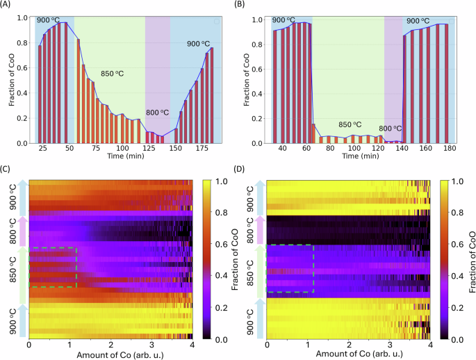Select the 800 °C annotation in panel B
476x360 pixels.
pyautogui.click(x=390, y=129)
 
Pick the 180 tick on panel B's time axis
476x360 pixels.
pyautogui.click(x=448, y=149)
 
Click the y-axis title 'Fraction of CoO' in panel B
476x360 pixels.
pyautogui.click(x=249, y=78)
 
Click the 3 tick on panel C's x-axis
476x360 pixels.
pyautogui.click(x=151, y=345)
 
